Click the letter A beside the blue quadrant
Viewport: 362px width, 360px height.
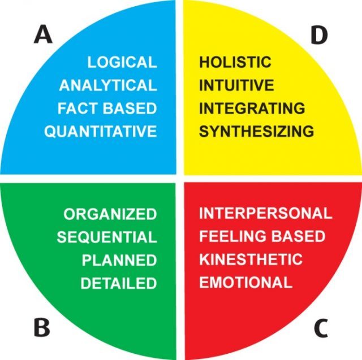click(x=43, y=34)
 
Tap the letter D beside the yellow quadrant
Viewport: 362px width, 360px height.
click(x=319, y=35)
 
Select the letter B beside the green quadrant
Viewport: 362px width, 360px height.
click(x=42, y=327)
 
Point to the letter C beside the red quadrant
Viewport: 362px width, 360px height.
click(x=321, y=328)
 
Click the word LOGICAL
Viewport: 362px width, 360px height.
click(x=122, y=62)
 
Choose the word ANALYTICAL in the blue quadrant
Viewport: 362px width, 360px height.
click(x=108, y=85)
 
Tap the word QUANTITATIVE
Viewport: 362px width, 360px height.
click(x=101, y=132)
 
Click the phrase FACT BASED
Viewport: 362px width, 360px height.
click(x=107, y=109)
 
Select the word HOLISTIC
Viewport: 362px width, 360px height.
click(x=235, y=62)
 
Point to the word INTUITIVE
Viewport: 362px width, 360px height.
click(x=236, y=85)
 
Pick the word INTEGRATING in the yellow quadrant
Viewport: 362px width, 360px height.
click(x=252, y=109)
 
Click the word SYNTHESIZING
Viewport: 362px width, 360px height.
click(x=256, y=131)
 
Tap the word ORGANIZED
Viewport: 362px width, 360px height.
click(x=110, y=214)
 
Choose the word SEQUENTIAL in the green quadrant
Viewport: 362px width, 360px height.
click(x=107, y=237)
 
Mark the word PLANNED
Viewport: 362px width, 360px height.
click(x=119, y=260)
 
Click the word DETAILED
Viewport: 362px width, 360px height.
click(x=119, y=283)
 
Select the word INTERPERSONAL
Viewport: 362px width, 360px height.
click(x=266, y=213)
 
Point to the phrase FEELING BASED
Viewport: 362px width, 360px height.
click(x=262, y=236)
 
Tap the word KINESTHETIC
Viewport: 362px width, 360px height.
click(x=251, y=259)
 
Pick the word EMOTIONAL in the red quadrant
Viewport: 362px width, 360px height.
click(x=246, y=282)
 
